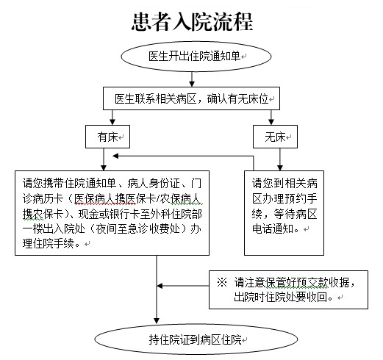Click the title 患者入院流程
(x=193, y=22)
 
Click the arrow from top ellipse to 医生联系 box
(x=192, y=79)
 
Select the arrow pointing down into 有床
(x=112, y=118)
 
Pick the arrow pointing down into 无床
(x=271, y=118)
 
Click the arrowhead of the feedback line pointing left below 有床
(x=115, y=156)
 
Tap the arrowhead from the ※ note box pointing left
(x=160, y=286)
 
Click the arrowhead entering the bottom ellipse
(x=157, y=321)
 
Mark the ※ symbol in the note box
(x=222, y=282)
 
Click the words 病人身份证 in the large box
(x=154, y=183)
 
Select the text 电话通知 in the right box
(x=273, y=228)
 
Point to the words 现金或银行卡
(x=110, y=214)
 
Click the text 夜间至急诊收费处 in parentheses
(x=138, y=229)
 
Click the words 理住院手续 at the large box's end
(x=49, y=244)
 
